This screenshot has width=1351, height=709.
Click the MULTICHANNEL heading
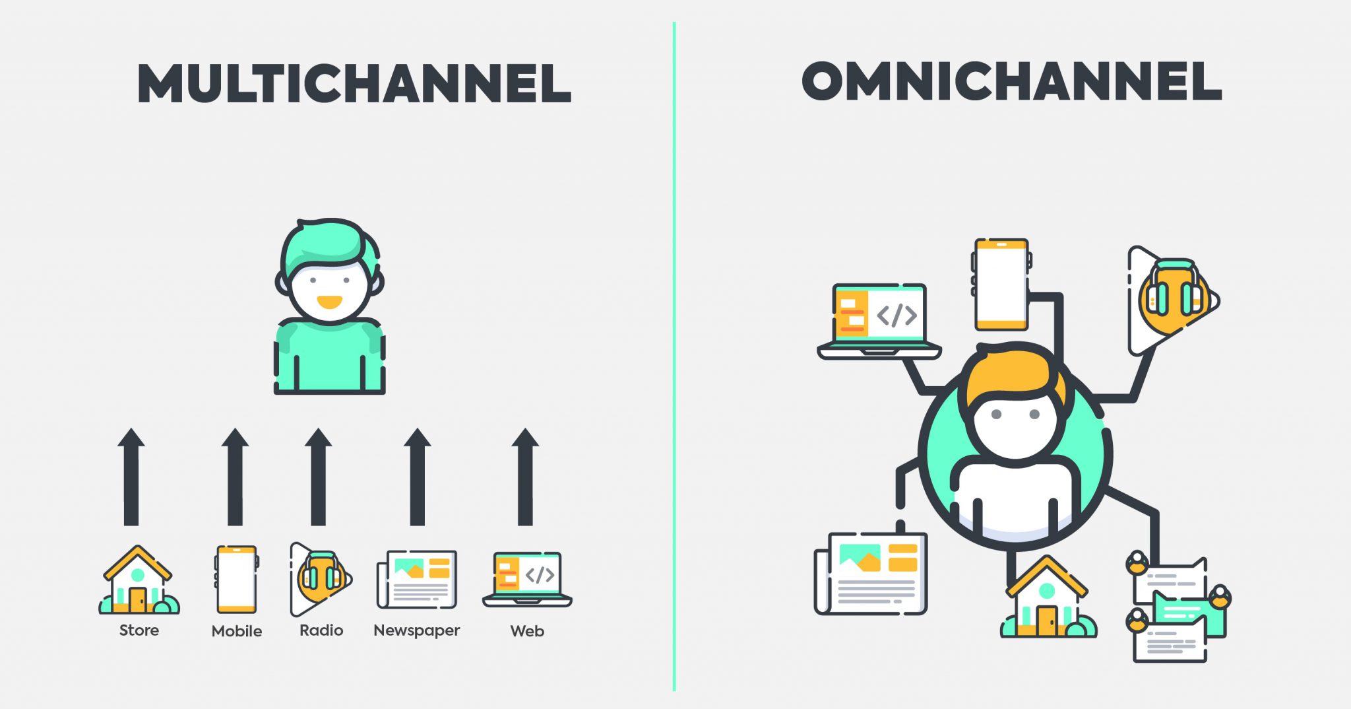coord(354,84)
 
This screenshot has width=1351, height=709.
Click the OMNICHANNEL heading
coord(1012,81)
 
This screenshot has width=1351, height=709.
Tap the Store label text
coord(139,630)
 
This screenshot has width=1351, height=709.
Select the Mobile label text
coord(237,631)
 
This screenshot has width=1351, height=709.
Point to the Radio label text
coord(321,630)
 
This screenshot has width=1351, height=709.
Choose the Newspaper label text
coord(417,631)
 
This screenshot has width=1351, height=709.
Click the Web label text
coord(527,631)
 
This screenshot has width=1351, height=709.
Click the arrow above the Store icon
coord(131,477)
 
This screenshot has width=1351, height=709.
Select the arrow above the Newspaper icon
coord(417,477)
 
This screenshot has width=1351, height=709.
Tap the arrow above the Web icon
coord(525,477)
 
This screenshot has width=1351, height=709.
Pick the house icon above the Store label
coord(139,580)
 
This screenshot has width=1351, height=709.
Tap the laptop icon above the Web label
coord(527,580)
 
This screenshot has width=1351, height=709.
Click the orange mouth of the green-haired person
coord(329,302)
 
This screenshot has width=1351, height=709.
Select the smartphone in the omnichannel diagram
coord(1001,285)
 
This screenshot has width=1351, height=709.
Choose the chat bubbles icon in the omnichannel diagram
coord(1178,607)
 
